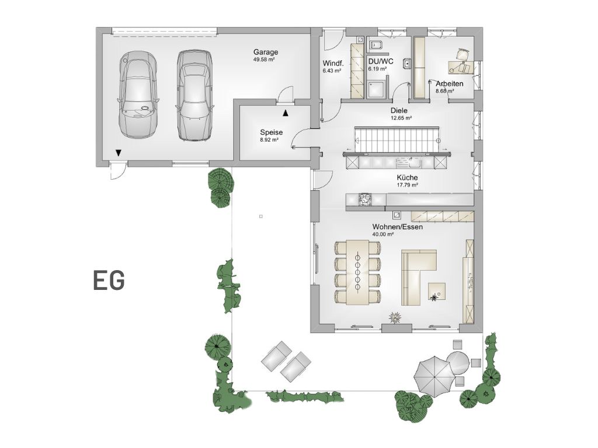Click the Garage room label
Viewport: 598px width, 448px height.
[x=266, y=52]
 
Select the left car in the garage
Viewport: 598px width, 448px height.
[x=138, y=94]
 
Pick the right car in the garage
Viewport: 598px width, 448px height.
[x=194, y=96]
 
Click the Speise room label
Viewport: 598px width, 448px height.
[x=272, y=132]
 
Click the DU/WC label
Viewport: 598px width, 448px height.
[x=381, y=62]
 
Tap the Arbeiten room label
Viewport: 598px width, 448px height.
[x=450, y=83]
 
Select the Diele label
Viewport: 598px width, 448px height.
[x=399, y=110]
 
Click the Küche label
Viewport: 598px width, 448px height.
[x=407, y=177]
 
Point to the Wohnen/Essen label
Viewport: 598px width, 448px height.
[x=397, y=227]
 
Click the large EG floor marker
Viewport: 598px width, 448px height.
[x=109, y=281]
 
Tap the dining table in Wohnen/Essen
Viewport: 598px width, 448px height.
[x=358, y=272]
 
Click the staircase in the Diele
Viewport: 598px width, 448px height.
[x=397, y=140]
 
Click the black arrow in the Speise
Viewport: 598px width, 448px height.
[x=285, y=113]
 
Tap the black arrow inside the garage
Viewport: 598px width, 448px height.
[x=119, y=153]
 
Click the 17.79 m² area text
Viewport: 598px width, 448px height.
[x=407, y=185]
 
